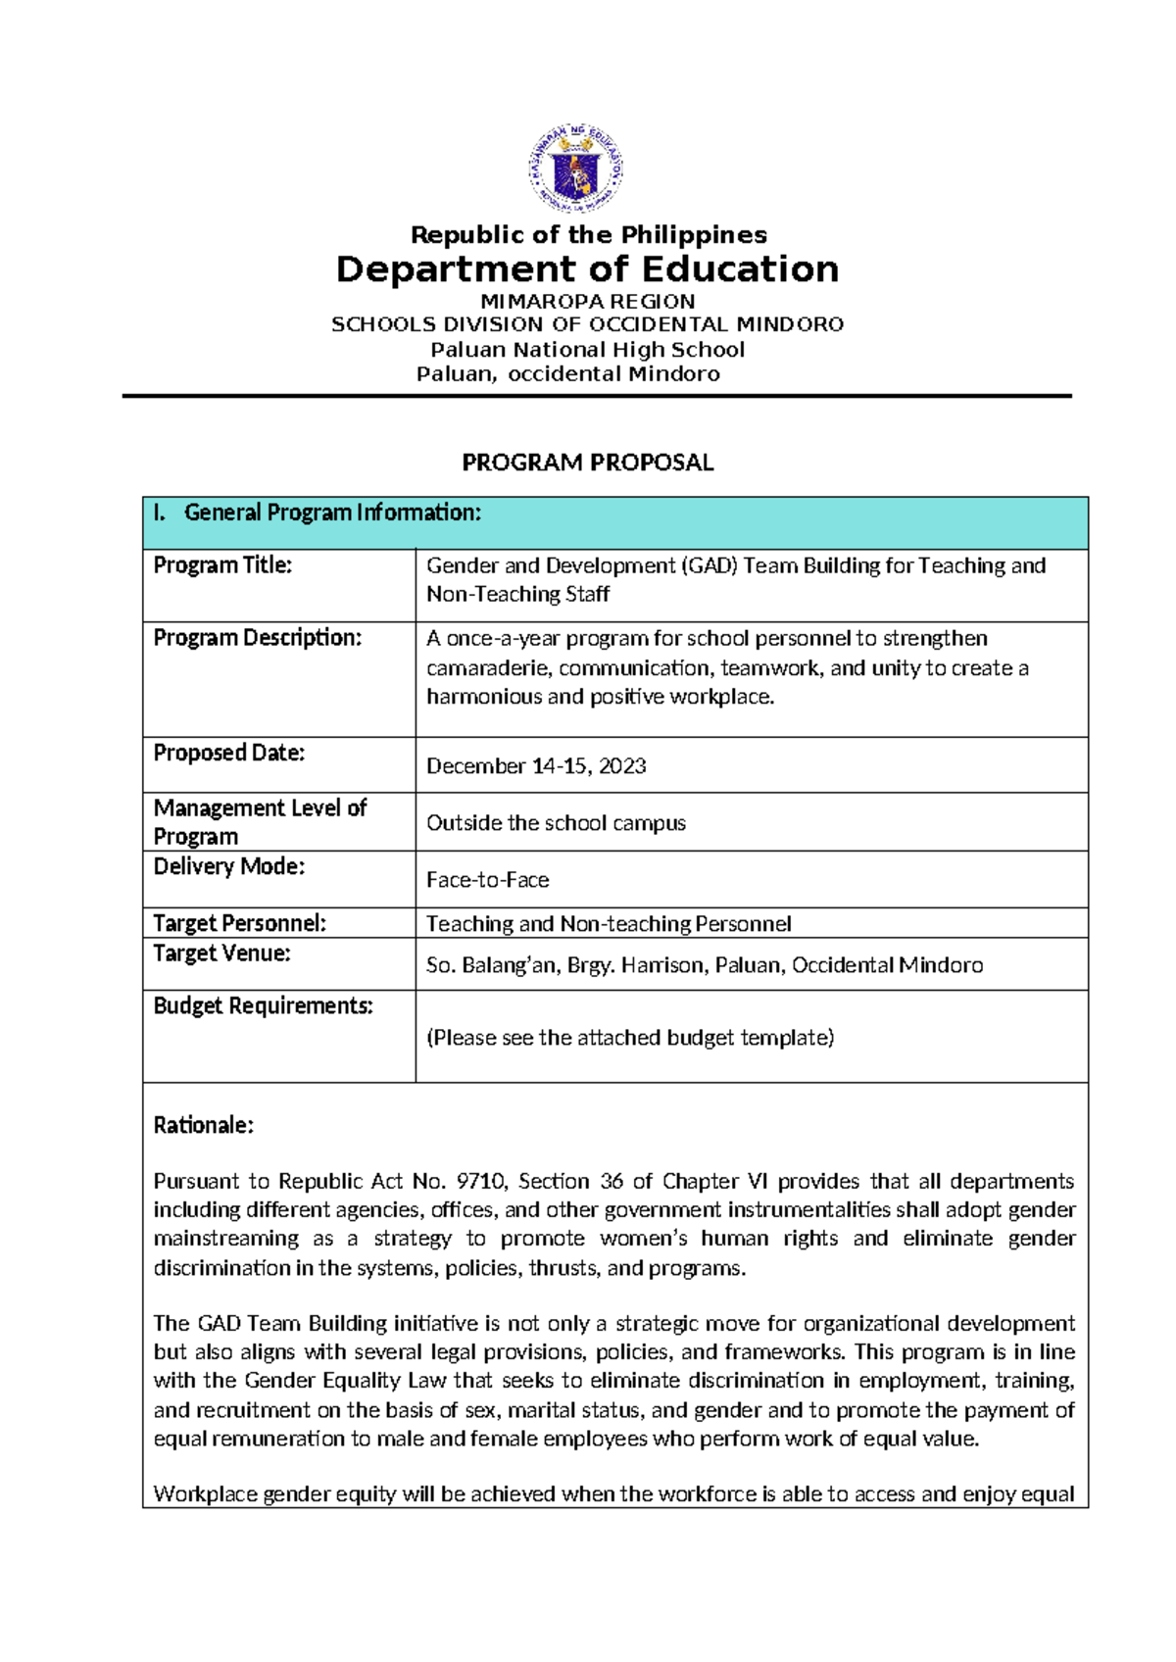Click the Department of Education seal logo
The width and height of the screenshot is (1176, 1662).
576,169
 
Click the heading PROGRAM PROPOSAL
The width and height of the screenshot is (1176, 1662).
588,463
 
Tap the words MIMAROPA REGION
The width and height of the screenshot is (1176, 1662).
588,301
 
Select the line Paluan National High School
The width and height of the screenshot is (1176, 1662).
588,349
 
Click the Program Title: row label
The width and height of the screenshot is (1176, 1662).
222,565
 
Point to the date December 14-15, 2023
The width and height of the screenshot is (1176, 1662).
536,766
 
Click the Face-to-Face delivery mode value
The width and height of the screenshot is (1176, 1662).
487,880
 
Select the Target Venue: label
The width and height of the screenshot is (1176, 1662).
221,953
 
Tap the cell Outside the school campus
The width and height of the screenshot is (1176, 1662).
556,823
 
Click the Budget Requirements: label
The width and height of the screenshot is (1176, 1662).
263,1006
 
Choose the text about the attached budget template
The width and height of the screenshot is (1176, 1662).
630,1038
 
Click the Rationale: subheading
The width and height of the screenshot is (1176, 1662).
203,1125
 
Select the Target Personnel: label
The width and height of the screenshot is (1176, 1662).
239,923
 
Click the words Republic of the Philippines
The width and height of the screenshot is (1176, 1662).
588,234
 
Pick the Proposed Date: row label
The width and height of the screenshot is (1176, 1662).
228,753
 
